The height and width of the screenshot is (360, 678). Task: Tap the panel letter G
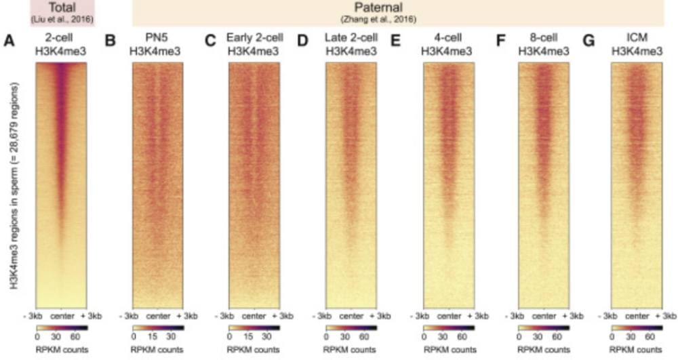pos(589,40)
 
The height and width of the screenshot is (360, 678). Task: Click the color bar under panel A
pos(60,327)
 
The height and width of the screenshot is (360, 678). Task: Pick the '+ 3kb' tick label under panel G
pos(666,317)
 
